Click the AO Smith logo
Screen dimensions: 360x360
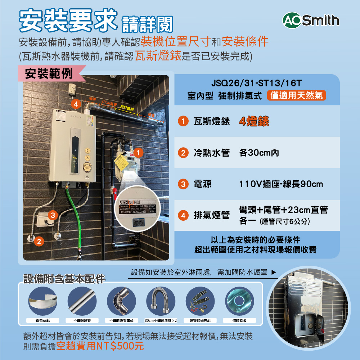click(311, 21)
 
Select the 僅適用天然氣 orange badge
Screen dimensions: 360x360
click(297, 96)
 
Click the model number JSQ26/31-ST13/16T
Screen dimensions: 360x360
click(257, 84)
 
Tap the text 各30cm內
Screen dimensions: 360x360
click(259, 153)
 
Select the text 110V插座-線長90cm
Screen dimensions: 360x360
click(281, 184)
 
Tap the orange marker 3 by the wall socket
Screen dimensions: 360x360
click(53, 215)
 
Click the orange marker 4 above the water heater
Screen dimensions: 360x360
click(75, 104)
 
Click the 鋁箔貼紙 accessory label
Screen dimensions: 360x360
click(43, 320)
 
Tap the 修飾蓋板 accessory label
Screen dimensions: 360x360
click(240, 320)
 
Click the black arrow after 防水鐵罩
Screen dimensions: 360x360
click(274, 273)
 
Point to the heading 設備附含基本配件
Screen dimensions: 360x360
click(64, 279)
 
